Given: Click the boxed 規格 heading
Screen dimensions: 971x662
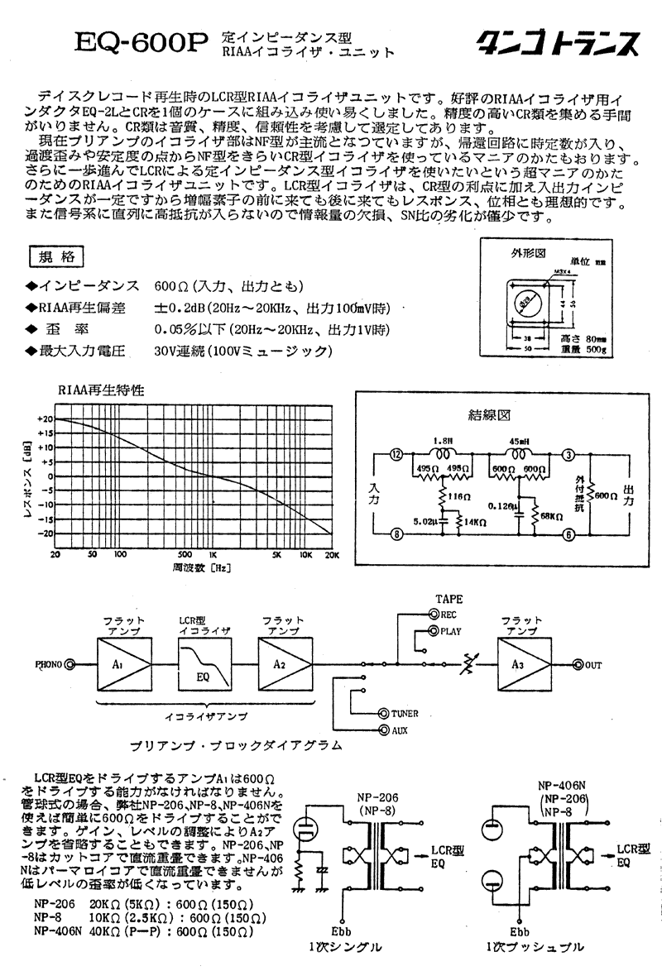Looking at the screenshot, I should pos(55,257).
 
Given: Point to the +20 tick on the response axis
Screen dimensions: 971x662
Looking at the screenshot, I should pos(45,419).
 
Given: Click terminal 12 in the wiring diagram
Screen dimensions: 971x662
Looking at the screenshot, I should pos(397,455).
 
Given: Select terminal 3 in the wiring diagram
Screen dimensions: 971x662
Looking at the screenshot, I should pos(568,455).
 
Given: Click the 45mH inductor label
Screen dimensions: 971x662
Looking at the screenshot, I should pos(520,440).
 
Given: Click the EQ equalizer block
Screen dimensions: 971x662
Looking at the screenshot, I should pos(202,663).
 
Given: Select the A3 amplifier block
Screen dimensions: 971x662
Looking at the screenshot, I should pos(523,663).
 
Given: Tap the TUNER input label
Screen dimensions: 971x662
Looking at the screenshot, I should pos(405,713).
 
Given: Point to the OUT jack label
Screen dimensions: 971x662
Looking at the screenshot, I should pos(592,664).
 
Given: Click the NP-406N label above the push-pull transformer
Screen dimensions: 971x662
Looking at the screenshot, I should pos(562,786).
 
